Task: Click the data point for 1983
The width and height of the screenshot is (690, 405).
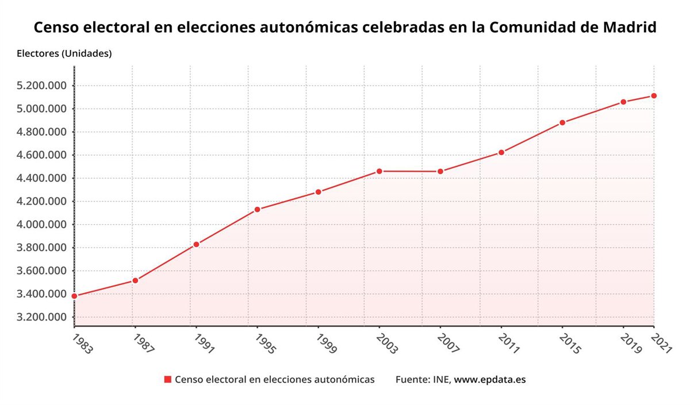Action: click(x=74, y=296)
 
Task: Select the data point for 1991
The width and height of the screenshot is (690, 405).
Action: click(x=196, y=244)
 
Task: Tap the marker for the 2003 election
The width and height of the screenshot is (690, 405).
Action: click(x=379, y=171)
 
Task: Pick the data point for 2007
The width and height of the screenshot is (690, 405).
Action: click(x=440, y=171)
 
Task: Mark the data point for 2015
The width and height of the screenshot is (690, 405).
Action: click(x=562, y=122)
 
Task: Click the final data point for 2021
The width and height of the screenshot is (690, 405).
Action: click(x=654, y=95)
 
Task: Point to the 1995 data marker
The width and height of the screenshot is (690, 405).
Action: click(x=257, y=209)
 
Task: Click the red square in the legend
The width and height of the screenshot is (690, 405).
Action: click(x=168, y=380)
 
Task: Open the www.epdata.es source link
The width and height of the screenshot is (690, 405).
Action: click(x=490, y=380)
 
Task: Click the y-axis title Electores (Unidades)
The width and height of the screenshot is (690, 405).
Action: click(x=64, y=53)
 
